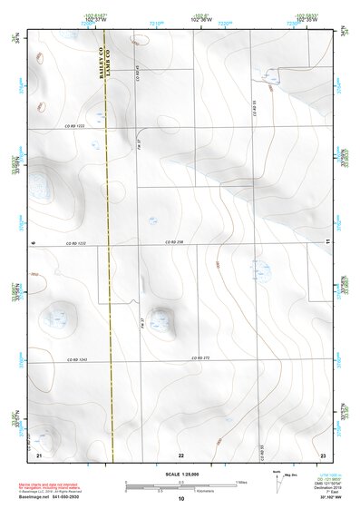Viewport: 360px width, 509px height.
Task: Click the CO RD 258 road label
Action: [174, 242]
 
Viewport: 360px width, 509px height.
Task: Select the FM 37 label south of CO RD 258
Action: [142, 322]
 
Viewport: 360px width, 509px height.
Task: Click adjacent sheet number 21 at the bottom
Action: [40, 453]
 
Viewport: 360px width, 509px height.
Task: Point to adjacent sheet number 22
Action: [181, 453]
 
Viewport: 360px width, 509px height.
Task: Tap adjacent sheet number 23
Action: [323, 453]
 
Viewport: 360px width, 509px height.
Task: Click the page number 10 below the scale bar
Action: [181, 499]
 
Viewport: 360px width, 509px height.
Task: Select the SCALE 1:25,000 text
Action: [180, 473]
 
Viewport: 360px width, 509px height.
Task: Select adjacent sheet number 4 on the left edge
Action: [33, 242]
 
